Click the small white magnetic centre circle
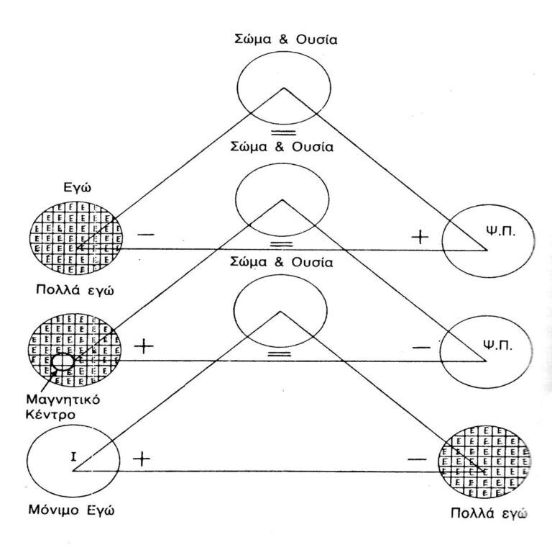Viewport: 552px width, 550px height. pyautogui.click(x=62, y=361)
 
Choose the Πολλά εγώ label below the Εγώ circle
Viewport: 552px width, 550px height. pyautogui.click(x=74, y=290)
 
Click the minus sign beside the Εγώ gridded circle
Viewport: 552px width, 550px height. pyautogui.click(x=144, y=235)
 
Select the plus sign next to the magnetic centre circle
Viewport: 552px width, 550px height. pyautogui.click(x=144, y=346)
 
